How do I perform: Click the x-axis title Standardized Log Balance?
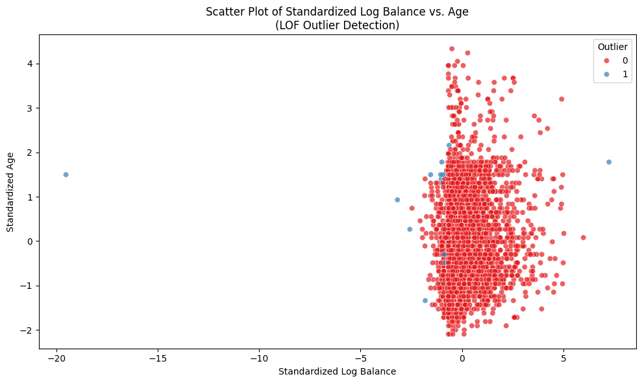[x=337, y=371]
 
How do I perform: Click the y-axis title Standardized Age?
[x=10, y=191]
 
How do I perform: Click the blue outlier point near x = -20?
[x=66, y=175]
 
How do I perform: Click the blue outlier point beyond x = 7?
[x=609, y=162]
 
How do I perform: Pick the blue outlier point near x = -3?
[x=397, y=200]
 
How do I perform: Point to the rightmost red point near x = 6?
[x=583, y=238]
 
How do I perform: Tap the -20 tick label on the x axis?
[x=56, y=358]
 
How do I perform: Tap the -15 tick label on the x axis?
[x=158, y=358]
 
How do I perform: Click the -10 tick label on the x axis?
[x=259, y=358]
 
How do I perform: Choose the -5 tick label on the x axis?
[x=360, y=358]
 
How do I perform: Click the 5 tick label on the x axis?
[x=563, y=358]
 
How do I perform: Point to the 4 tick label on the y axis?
[x=30, y=64]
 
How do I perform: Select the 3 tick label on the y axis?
[x=30, y=108]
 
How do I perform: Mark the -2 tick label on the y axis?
[x=27, y=330]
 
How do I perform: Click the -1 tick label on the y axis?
[x=27, y=286]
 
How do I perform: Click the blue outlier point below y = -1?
[x=425, y=301]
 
